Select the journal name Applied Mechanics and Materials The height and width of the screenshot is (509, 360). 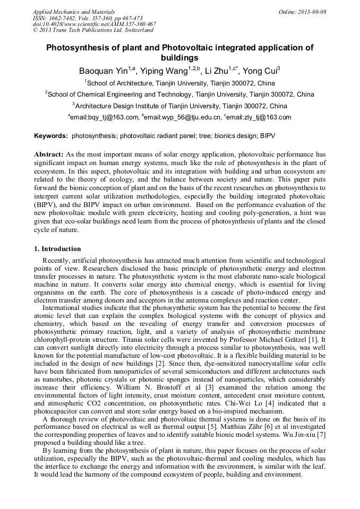point(74,12)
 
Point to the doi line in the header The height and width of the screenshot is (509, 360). point(95,24)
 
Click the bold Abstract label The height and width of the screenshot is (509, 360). point(49,153)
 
